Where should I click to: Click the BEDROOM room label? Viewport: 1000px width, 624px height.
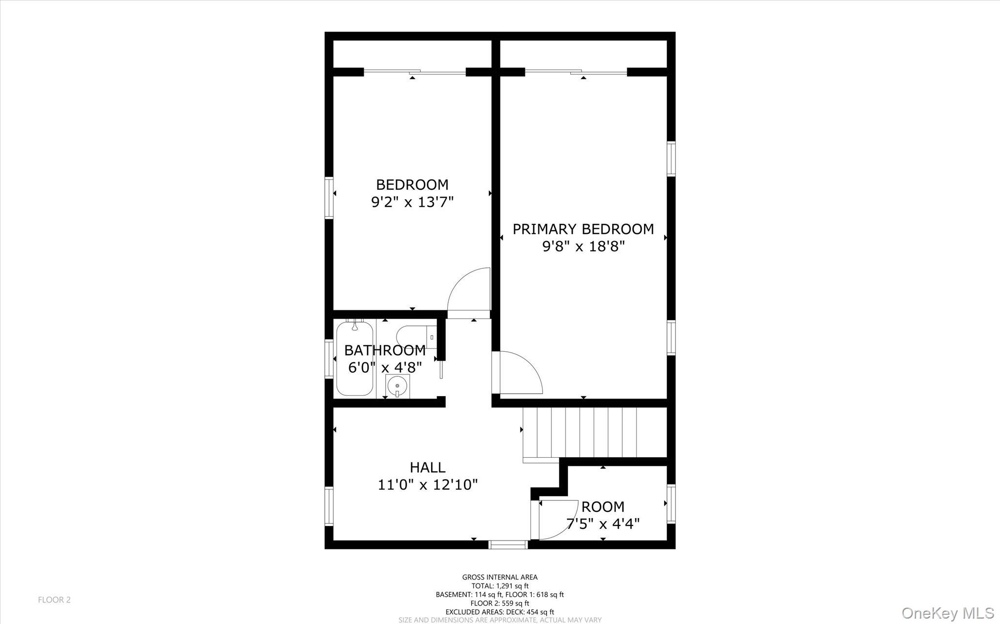point(412,184)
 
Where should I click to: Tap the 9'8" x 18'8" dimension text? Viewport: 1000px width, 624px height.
point(583,246)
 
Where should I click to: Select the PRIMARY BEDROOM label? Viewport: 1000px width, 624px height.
point(583,229)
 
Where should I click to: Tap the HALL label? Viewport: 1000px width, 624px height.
point(427,467)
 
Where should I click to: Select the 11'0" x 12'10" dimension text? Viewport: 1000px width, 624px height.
point(427,484)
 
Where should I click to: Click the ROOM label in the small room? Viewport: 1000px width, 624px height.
point(603,506)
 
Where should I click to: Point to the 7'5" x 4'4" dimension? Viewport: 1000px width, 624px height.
point(603,523)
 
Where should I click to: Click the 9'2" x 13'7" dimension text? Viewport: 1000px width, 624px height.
point(413,202)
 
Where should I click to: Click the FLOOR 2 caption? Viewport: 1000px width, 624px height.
point(54,600)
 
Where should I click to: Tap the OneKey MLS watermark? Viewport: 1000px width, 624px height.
point(947,613)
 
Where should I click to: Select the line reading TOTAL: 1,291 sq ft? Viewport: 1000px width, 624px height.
point(500,586)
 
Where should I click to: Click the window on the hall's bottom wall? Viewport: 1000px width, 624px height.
point(508,544)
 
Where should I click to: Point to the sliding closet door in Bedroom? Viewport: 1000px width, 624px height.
point(415,72)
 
